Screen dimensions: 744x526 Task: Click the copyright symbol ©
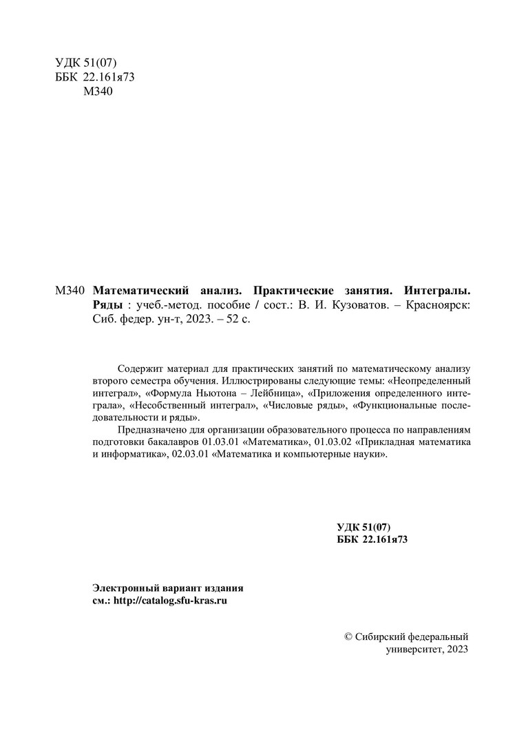click(x=348, y=637)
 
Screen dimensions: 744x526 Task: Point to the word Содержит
click(x=138, y=368)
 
